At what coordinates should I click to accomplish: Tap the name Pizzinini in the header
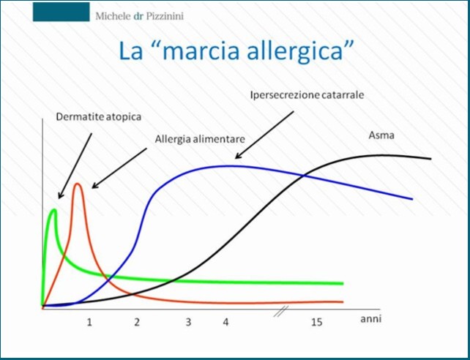tap(165, 16)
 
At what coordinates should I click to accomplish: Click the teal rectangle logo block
tap(61, 12)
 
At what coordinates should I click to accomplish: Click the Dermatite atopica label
tap(99, 116)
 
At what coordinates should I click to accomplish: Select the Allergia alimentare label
tap(200, 139)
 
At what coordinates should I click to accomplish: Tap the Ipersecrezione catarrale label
tap(307, 95)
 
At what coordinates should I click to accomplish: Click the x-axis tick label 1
tap(89, 323)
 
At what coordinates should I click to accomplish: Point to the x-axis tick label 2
tap(137, 323)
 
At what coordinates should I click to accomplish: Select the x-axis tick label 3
tap(188, 323)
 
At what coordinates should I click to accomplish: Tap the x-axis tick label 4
tap(225, 323)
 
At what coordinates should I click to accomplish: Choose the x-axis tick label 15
tap(316, 323)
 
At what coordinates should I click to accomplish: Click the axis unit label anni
tap(370, 319)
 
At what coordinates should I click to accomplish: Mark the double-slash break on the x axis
tap(281, 311)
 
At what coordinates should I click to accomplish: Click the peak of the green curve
tap(54, 210)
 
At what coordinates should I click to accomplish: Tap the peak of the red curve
tap(78, 184)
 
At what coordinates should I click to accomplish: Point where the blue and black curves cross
tap(304, 176)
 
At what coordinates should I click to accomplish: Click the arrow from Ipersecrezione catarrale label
tap(264, 135)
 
